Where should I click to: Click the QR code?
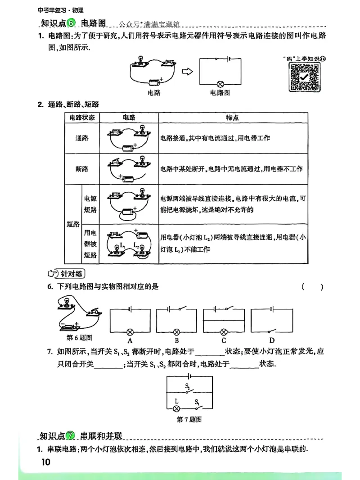point(304,77)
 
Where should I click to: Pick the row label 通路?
point(82,138)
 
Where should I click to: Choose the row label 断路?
point(82,169)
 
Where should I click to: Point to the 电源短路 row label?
point(90,204)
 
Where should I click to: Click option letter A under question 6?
point(130,341)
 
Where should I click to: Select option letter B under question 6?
point(177,341)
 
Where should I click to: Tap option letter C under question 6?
point(224,341)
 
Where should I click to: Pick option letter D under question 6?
point(271,341)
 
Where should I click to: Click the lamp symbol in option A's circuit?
point(130,330)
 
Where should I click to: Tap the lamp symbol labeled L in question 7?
point(177,408)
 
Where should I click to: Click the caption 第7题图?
point(189,420)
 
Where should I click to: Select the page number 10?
point(46,462)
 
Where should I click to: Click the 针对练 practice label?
point(67,273)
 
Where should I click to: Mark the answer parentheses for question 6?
point(312,287)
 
